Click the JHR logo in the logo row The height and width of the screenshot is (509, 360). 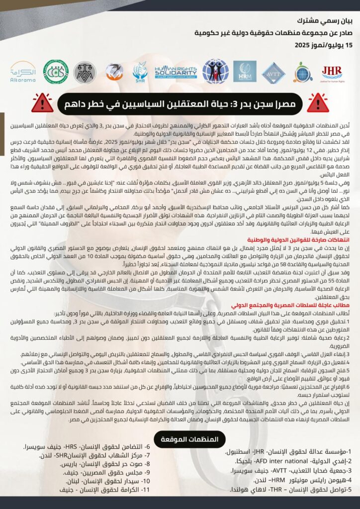(x=332, y=73)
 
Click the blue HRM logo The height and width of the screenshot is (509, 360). (x=245, y=72)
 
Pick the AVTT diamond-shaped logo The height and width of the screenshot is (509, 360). (x=273, y=72)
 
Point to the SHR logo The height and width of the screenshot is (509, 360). (x=140, y=72)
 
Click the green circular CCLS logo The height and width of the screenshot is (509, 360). (x=55, y=72)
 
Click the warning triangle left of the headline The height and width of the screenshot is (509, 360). (x=42, y=102)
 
